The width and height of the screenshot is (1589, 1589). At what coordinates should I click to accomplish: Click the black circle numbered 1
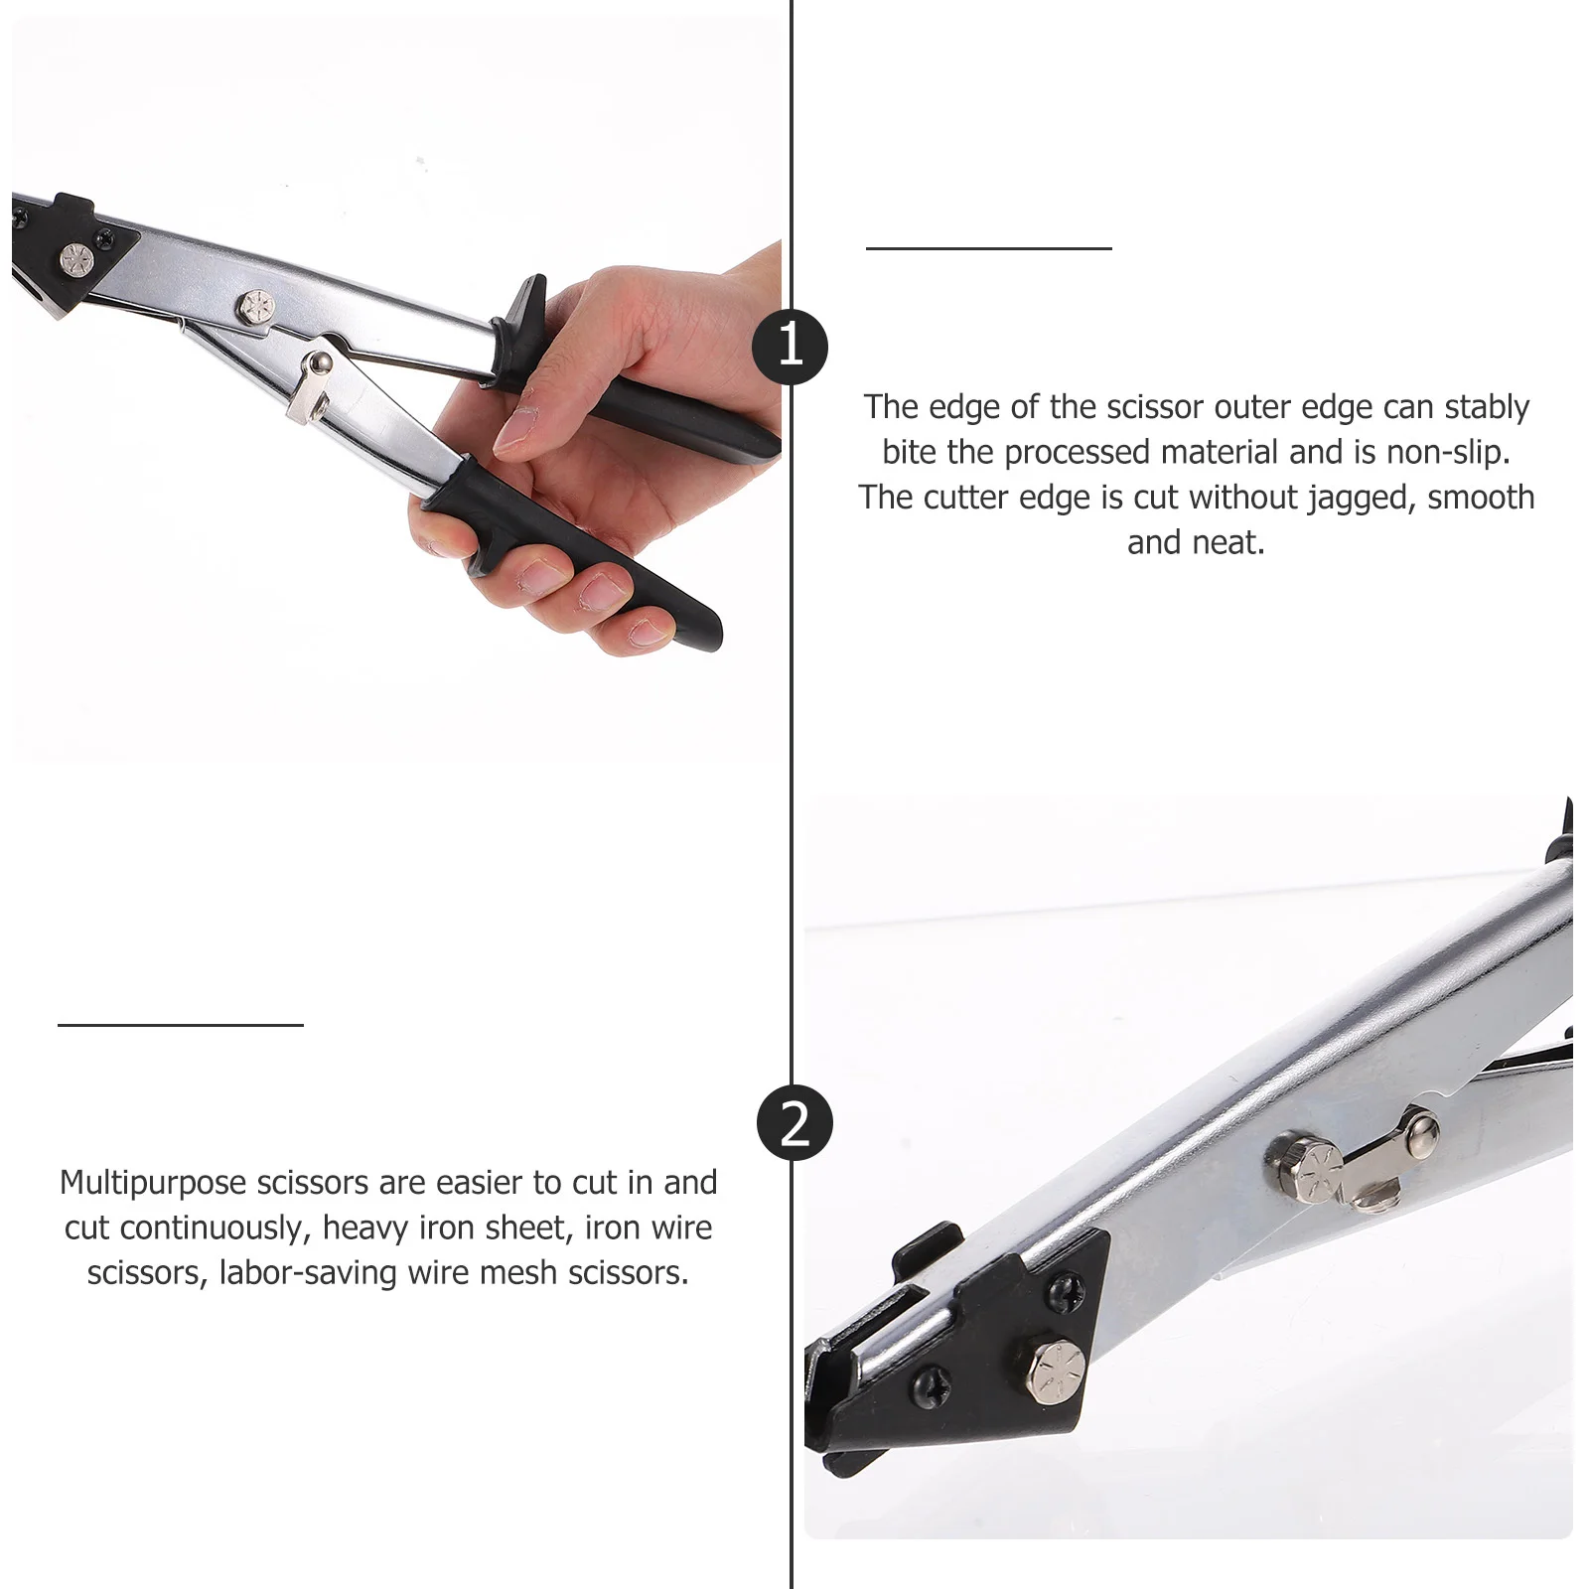pyautogui.click(x=790, y=347)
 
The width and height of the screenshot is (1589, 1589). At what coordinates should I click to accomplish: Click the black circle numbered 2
pyautogui.click(x=794, y=1124)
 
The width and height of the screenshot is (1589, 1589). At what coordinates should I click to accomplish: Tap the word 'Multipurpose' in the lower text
pyautogui.click(x=152, y=1183)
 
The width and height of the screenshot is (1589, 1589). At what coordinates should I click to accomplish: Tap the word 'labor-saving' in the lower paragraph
pyautogui.click(x=309, y=1273)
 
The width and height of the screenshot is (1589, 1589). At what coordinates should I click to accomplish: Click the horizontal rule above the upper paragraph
pyautogui.click(x=988, y=248)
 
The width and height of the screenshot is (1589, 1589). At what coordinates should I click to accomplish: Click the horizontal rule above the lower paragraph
pyautogui.click(x=180, y=1024)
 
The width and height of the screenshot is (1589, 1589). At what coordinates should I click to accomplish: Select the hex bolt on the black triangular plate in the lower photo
pyautogui.click(x=1054, y=1368)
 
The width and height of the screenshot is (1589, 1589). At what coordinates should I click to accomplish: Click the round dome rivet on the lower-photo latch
pyautogui.click(x=1423, y=1126)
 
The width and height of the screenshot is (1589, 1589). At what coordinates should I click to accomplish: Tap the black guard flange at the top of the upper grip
pyautogui.click(x=525, y=317)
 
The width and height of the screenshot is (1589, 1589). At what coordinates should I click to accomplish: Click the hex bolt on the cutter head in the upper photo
pyautogui.click(x=72, y=258)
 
